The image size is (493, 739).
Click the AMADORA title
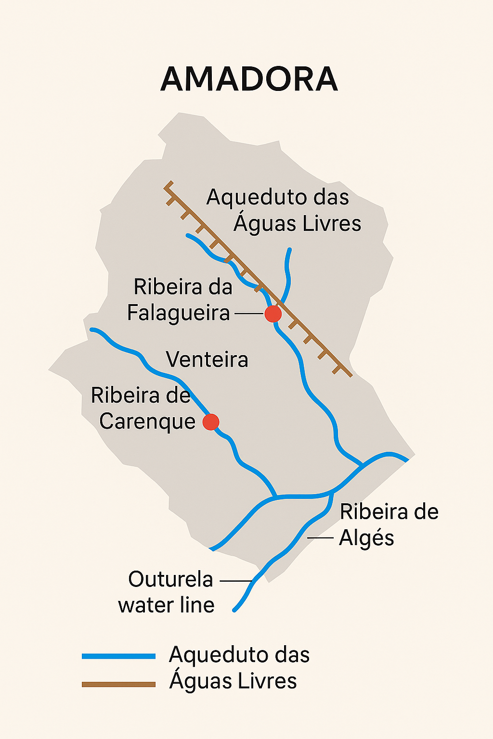tap(249, 79)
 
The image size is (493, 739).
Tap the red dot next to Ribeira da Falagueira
tap(273, 314)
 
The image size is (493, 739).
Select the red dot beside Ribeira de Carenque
tap(211, 422)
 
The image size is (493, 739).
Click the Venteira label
tap(207, 360)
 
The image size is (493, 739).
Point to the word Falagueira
tap(179, 313)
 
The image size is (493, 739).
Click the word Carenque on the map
tap(147, 421)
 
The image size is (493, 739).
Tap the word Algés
tap(366, 538)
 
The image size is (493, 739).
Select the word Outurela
tap(170, 579)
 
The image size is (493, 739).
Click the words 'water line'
tap(166, 605)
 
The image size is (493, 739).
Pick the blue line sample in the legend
tap(118, 656)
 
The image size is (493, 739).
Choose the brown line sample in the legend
tap(118, 684)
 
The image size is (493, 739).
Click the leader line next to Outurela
tap(236, 581)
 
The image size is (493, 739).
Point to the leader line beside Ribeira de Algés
tap(320, 537)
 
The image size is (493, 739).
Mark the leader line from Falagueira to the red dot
tap(248, 314)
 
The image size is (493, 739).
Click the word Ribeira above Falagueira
tap(161, 287)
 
